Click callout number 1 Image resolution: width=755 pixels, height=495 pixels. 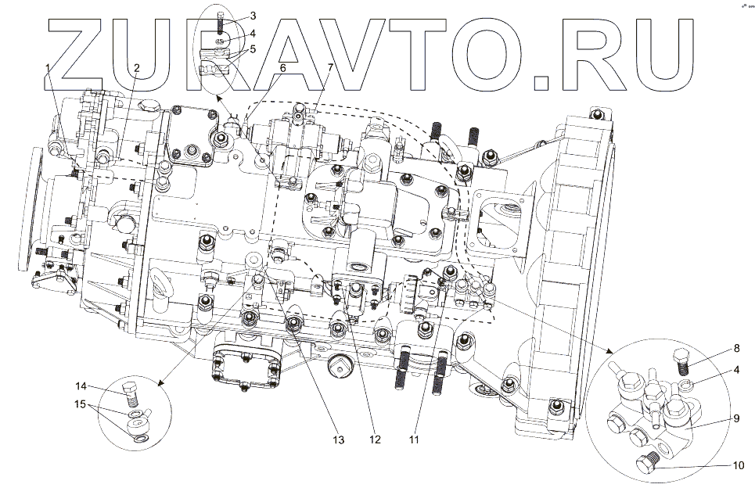pos(48,67)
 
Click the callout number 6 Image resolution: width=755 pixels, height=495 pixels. pos(282,67)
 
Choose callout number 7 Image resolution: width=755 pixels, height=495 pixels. pos(330,67)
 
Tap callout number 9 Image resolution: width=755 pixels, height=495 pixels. pos(736,418)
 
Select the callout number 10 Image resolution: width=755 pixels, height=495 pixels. pos(738,465)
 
